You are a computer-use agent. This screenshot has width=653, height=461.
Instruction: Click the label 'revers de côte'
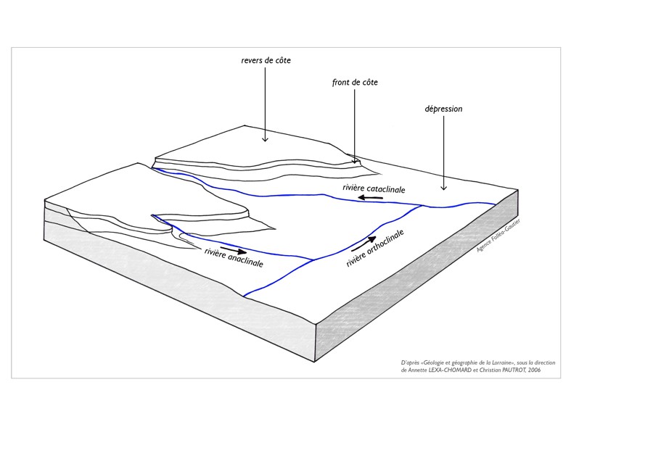coord(266,60)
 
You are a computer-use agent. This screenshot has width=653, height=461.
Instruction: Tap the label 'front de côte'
coord(355,83)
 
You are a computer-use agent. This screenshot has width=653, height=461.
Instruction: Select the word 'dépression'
coord(443,109)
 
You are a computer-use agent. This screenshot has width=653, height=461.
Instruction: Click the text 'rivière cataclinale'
coord(374,188)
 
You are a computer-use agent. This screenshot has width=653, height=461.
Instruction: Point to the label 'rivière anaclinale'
coord(234,258)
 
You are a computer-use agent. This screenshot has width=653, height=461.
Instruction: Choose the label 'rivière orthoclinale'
coord(375,249)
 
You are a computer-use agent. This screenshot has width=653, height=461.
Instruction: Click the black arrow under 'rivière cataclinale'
coord(371,197)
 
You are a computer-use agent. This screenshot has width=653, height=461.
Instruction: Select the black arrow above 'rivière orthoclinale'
coord(364,244)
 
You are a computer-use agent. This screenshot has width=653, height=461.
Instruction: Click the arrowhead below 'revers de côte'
coord(265,140)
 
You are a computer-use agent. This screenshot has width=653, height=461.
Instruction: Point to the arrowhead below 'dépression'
coord(443,188)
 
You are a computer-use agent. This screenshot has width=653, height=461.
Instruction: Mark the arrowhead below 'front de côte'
coord(355,162)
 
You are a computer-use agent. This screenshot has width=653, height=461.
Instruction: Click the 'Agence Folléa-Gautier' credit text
coord(498,236)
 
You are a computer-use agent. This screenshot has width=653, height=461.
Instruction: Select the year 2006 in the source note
coord(534,370)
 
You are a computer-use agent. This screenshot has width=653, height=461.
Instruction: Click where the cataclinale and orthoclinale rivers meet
coord(423,206)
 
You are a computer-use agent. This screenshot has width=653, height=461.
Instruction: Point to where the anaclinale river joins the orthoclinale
coord(313,259)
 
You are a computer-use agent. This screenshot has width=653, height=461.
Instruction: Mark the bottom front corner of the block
coord(314,362)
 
